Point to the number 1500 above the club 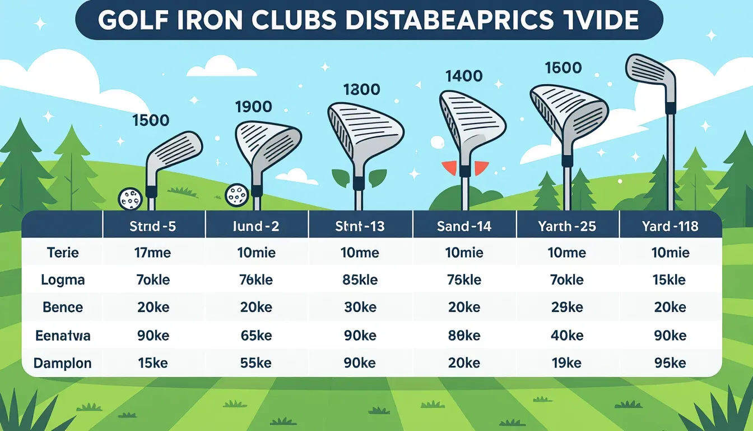[x=151, y=120]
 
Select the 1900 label [x=253, y=106]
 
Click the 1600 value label [x=563, y=68]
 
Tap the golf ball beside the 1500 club [x=129, y=198]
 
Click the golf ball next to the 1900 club [x=236, y=194]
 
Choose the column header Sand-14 [x=464, y=226]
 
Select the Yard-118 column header [x=670, y=226]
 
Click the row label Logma [x=63, y=280]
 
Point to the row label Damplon [x=63, y=363]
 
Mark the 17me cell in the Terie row [x=154, y=253]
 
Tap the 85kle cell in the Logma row [x=360, y=280]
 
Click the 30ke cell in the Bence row [x=360, y=308]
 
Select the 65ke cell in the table [x=257, y=336]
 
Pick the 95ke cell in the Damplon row [x=670, y=363]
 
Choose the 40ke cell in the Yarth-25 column [x=567, y=336]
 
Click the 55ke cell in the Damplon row [x=257, y=363]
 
